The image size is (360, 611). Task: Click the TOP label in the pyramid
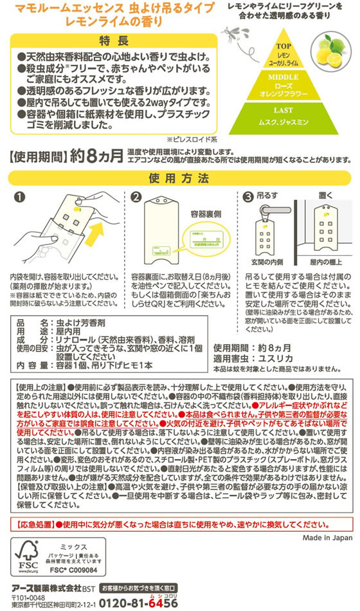[x=283, y=46]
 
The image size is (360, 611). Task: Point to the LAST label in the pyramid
[x=283, y=110]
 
